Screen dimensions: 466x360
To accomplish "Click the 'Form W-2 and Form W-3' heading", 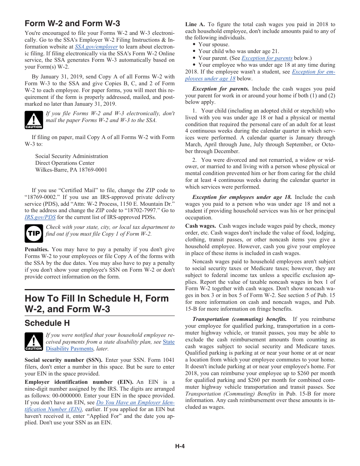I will (72, 23).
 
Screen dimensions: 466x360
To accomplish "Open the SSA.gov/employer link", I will (96, 47).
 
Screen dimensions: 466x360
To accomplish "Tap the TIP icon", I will (34, 233).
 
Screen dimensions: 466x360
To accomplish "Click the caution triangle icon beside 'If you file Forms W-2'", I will (34, 120).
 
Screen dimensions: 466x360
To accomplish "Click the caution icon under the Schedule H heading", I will (34, 342).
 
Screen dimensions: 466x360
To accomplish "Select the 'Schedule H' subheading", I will (47, 323).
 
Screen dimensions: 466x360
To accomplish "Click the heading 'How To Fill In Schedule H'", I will (97, 303).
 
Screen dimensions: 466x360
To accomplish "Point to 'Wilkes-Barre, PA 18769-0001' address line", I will (71, 170).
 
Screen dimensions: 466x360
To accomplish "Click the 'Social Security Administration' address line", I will (72, 156).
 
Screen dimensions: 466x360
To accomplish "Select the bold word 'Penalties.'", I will (36, 249).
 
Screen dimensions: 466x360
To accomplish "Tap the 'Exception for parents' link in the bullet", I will (267, 58).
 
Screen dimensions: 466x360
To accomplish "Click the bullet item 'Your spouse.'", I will (214, 44).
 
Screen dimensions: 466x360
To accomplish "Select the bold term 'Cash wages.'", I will (200, 226).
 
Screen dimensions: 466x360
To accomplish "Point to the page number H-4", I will (180, 446).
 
